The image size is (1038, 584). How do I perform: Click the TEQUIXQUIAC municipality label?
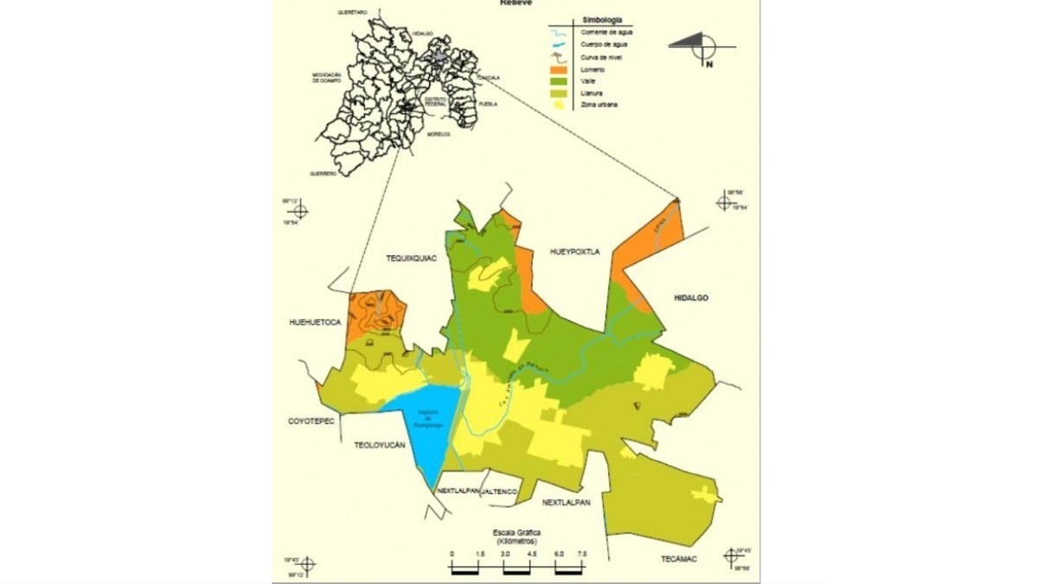pos(411,258)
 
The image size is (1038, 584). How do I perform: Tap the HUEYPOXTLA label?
pos(574,252)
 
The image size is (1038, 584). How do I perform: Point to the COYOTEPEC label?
pos(311,421)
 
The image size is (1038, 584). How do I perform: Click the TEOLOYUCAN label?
pos(380,446)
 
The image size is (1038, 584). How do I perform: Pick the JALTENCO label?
pos(500,491)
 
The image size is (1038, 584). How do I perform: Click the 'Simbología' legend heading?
pos(603,19)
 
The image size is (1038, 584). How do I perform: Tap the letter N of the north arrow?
pos(708,64)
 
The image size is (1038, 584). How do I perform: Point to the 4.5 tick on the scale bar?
pos(531,553)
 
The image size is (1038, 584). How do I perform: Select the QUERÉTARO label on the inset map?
pos(353,11)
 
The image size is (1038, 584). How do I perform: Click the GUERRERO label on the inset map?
pos(324,173)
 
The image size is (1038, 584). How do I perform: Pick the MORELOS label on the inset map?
pos(439,135)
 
